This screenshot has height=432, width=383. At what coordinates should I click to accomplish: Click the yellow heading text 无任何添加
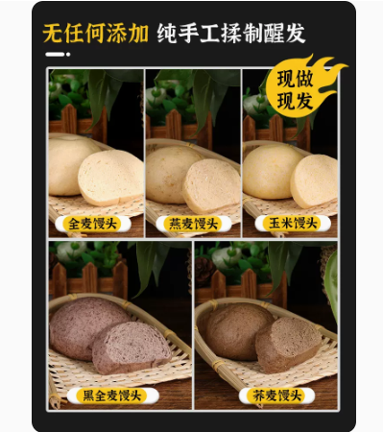click(x=95, y=34)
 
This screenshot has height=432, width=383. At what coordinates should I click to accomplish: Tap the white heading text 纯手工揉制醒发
click(x=231, y=34)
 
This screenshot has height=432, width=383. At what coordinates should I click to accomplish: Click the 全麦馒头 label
click(x=93, y=224)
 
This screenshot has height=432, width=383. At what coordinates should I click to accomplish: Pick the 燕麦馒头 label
click(x=194, y=224)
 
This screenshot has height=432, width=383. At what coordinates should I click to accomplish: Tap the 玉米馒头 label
click(x=293, y=224)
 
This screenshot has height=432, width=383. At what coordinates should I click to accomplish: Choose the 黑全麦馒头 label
click(x=112, y=396)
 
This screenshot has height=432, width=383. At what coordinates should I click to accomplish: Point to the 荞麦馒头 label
click(x=277, y=396)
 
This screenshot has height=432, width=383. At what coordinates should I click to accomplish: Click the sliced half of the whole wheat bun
click(x=110, y=178)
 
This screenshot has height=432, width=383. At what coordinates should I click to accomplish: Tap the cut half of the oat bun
click(x=211, y=185)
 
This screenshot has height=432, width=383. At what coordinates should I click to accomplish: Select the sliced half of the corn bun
click(x=315, y=181)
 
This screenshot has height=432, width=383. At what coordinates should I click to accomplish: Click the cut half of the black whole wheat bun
click(x=132, y=348)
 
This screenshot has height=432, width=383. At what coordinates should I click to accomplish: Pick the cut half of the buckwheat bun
click(x=288, y=345)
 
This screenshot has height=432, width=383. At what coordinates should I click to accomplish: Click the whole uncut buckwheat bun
click(x=236, y=331)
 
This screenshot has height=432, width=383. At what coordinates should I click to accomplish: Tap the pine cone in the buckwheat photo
click(x=204, y=272)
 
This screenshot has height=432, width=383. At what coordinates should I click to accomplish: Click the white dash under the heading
click(x=55, y=55)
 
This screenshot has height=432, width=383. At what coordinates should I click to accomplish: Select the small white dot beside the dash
click(x=68, y=55)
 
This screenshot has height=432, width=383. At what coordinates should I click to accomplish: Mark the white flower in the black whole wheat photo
click(x=68, y=252)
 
